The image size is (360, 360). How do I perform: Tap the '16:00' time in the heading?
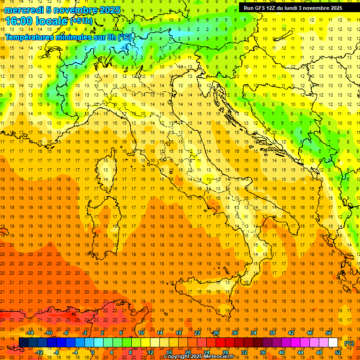pyautogui.click(x=19, y=21)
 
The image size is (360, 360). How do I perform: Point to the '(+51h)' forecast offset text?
pyautogui.click(x=81, y=21)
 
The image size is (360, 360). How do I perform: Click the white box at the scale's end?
pyautogui.click(x=333, y=343)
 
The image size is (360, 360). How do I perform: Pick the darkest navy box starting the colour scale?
pyautogui.click(x=23, y=343)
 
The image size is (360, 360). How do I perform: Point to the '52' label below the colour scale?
pyautogui.click(x=338, y=352)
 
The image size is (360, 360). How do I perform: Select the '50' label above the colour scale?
pyautogui.click(x=329, y=333)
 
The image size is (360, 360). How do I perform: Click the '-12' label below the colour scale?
pyautogui.click(x=39, y=352)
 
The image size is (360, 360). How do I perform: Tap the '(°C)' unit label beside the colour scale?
pyautogui.click(x=349, y=343)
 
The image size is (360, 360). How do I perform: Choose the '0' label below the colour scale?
pyautogui.click(x=93, y=352)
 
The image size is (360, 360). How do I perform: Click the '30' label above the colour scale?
pyautogui.click(x=234, y=333)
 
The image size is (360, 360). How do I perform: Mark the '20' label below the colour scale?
pyautogui.click(x=187, y=352)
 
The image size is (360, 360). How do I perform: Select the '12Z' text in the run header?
pyautogui.click(x=271, y=7)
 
